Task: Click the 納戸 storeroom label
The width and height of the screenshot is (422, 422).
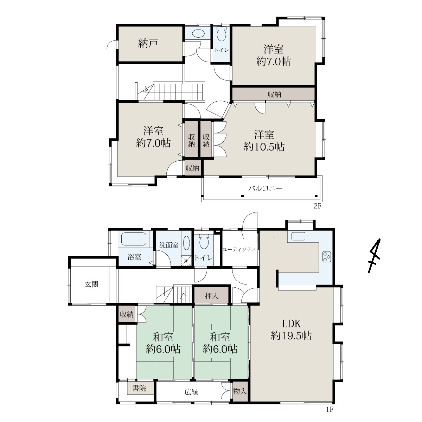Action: click(x=148, y=43)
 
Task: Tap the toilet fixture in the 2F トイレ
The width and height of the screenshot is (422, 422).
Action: click(x=222, y=34)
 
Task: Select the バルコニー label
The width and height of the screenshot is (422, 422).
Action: click(x=266, y=188)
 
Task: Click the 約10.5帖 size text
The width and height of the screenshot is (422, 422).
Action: click(x=264, y=147)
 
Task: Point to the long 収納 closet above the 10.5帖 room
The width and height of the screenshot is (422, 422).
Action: click(x=274, y=94)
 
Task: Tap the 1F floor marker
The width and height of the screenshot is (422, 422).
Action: click(x=330, y=409)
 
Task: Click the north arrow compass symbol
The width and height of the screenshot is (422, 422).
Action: click(x=375, y=256)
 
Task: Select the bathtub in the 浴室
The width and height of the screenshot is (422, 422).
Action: click(x=134, y=239)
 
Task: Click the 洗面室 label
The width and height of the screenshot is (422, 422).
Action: click(x=169, y=245)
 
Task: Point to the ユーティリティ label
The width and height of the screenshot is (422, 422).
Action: click(x=239, y=250)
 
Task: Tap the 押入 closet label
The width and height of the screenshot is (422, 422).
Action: click(x=212, y=296)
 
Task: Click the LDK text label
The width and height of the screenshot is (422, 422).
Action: click(x=291, y=324)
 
